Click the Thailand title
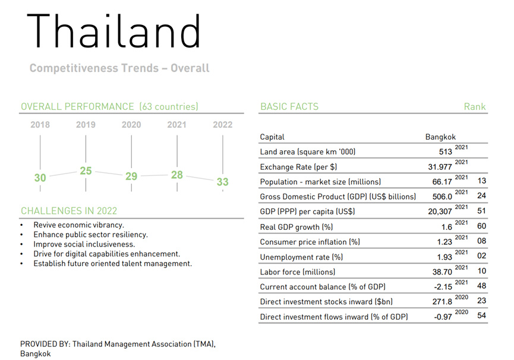pyautogui.click(x=113, y=31)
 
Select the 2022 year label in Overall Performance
pyautogui.click(x=223, y=125)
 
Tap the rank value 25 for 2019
pyautogui.click(x=86, y=170)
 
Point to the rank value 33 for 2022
pyautogui.click(x=223, y=182)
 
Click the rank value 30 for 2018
pyautogui.click(x=40, y=178)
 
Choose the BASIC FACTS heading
pyautogui.click(x=289, y=107)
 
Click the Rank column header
pyautogui.click(x=475, y=107)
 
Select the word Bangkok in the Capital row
pyautogui.click(x=440, y=137)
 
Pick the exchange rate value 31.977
pyautogui.click(x=440, y=167)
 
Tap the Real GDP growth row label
pyautogui.click(x=297, y=227)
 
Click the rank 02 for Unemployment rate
pyautogui.click(x=481, y=256)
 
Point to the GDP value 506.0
pyautogui.click(x=442, y=197)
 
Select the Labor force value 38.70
pyautogui.click(x=442, y=272)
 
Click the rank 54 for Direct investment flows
pyautogui.click(x=481, y=315)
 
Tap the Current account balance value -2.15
pyautogui.click(x=443, y=287)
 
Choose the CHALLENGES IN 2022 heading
pyautogui.click(x=69, y=211)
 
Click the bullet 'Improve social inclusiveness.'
pyautogui.click(x=84, y=244)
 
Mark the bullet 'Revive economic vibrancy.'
pyautogui.click(x=78, y=225)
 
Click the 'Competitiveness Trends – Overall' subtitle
pyautogui.click(x=119, y=68)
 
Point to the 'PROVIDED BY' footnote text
pyautogui.click(x=118, y=349)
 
